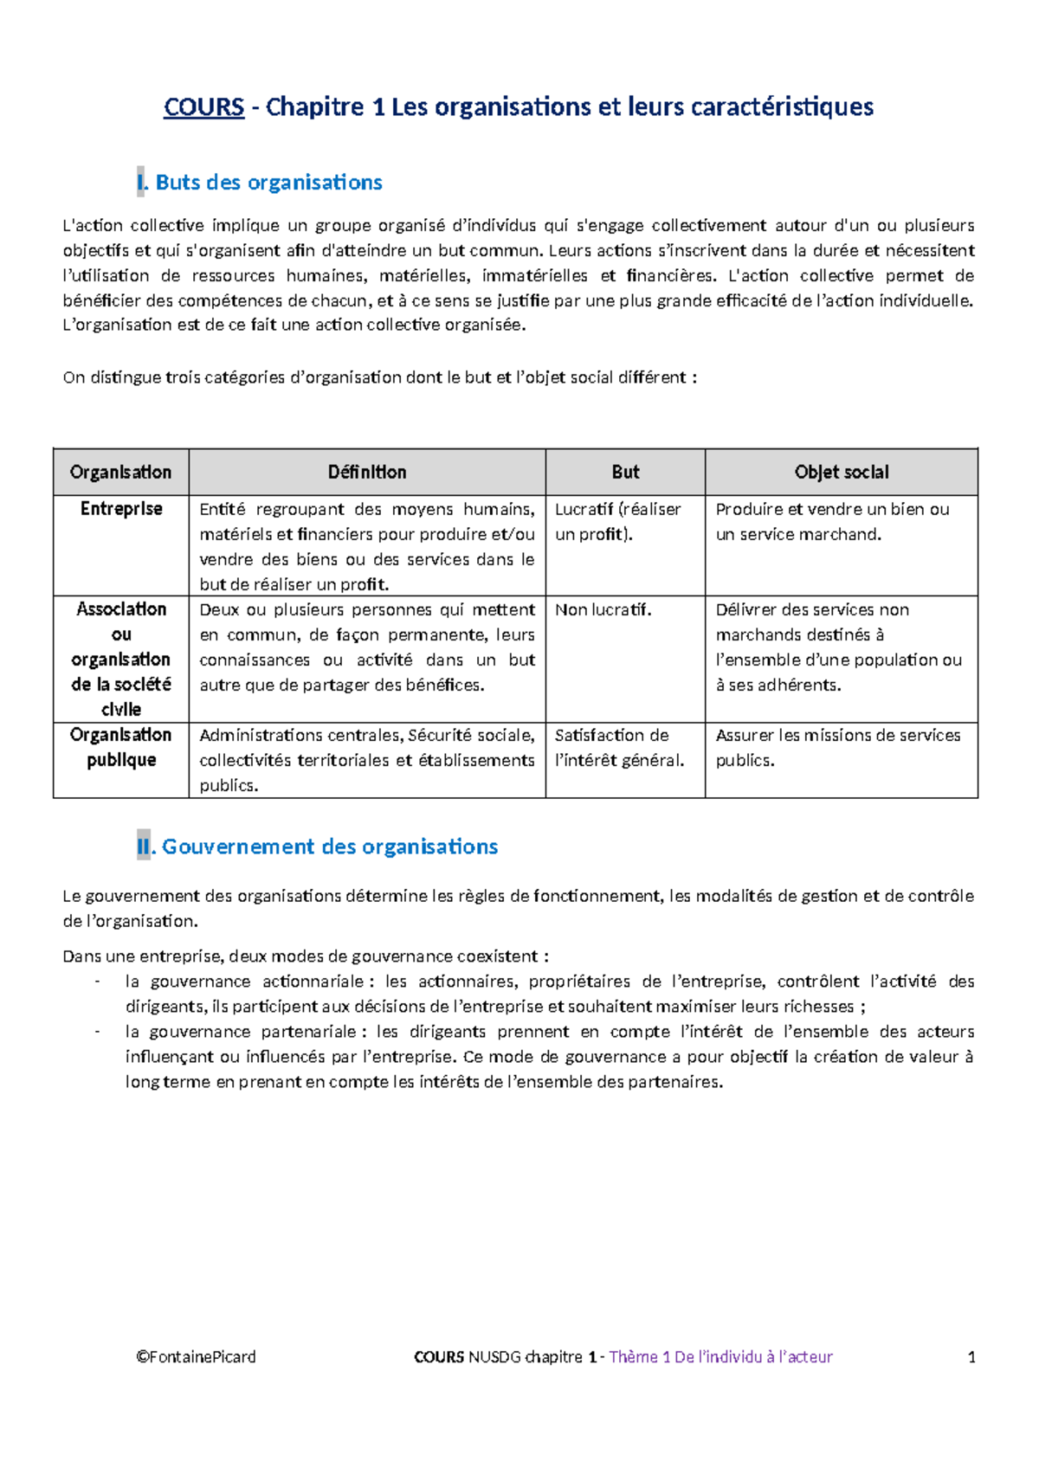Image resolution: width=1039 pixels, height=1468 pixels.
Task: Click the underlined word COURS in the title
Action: coord(204,107)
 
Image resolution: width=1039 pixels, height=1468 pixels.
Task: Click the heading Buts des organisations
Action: coord(268,183)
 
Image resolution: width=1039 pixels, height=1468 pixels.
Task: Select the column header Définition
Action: coord(367,473)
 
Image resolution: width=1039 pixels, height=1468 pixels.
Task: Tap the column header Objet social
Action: coord(842,473)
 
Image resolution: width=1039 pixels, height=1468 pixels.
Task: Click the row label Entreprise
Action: coord(121,509)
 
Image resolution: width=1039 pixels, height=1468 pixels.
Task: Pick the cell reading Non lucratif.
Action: coord(603,610)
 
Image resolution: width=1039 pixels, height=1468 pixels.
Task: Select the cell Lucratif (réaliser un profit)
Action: coord(618,522)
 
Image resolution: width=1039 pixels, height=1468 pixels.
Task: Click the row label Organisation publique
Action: coord(121,747)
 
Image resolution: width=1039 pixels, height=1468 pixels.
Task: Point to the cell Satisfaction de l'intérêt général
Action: coord(619,748)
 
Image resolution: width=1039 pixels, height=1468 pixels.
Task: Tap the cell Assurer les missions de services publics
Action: coord(837,748)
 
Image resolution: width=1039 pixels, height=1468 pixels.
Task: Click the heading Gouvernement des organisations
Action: coord(330,847)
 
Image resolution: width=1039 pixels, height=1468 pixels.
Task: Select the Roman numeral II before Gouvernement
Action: coord(144,847)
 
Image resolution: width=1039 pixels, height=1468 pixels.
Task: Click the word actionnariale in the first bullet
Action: coord(313,982)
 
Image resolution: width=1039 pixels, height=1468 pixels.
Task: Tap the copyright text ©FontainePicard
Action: coord(196,1357)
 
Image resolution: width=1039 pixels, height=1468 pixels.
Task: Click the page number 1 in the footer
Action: coord(971,1357)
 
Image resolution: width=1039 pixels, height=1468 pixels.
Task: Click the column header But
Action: coord(625,473)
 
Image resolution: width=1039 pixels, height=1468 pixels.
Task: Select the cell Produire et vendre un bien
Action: coord(832,522)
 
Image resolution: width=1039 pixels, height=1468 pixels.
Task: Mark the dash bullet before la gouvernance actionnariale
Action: coord(97,982)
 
